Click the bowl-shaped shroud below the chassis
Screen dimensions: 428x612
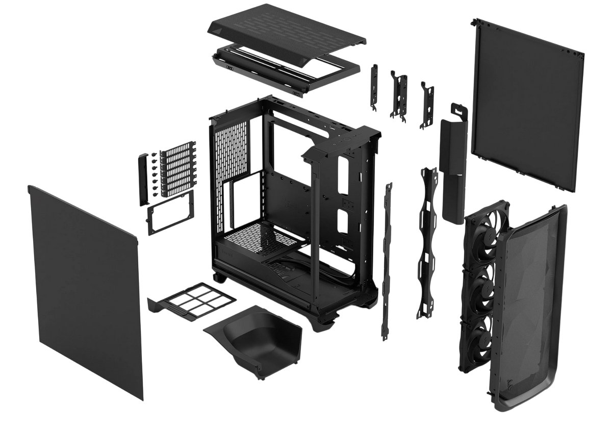tap(255, 336)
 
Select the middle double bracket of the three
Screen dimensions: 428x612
tap(400, 97)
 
